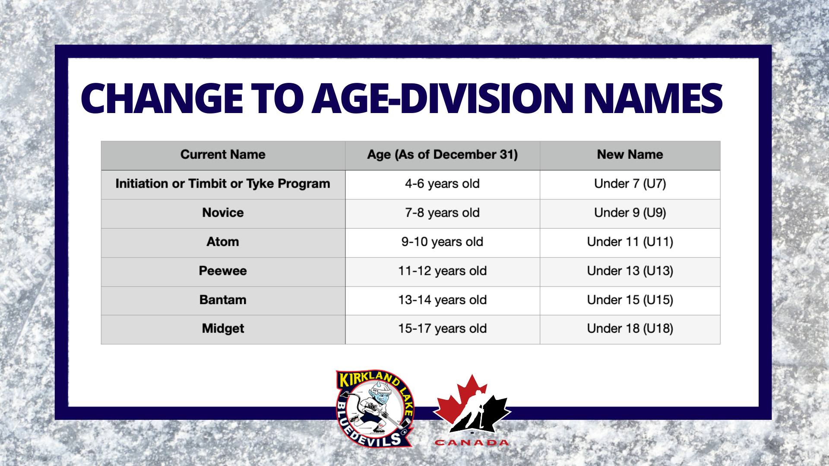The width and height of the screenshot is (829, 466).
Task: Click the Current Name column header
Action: click(223, 154)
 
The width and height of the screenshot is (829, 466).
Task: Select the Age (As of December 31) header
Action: click(442, 154)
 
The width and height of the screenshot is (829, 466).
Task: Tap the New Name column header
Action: click(630, 154)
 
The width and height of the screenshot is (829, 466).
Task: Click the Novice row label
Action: click(223, 213)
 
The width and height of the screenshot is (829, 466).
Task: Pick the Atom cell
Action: click(223, 242)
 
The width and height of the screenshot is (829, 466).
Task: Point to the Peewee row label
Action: click(223, 271)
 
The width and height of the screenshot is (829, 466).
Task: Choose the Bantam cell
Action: click(223, 300)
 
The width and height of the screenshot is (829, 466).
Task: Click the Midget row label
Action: click(223, 329)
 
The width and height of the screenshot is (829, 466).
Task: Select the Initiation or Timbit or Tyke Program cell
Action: click(223, 184)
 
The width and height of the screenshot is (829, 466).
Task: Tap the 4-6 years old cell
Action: click(442, 184)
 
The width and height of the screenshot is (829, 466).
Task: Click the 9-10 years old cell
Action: click(442, 242)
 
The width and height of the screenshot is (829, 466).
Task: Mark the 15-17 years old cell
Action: click(442, 329)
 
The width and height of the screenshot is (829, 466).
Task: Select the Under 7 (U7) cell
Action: click(630, 184)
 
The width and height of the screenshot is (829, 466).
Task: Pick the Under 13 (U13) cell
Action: click(630, 271)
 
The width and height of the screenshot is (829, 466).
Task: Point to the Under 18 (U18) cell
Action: click(630, 329)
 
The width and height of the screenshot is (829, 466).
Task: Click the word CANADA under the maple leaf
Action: click(472, 443)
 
